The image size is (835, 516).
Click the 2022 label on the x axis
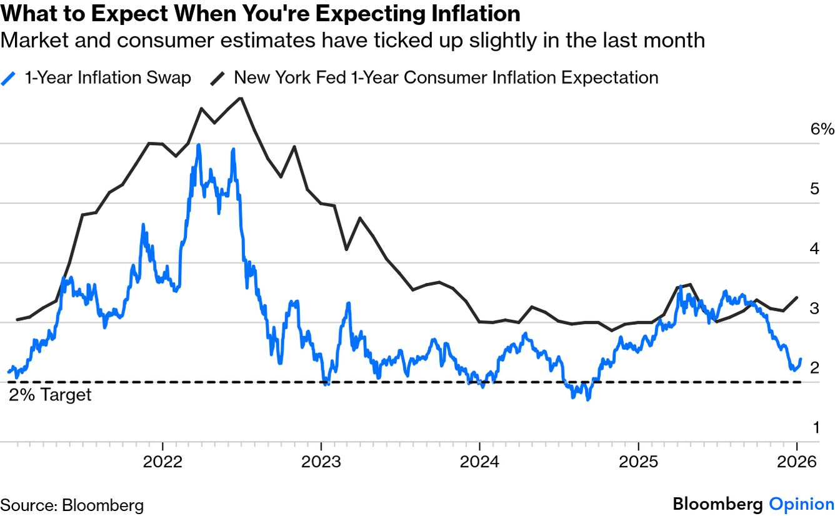(x=162, y=462)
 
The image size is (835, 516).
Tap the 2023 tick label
(x=321, y=462)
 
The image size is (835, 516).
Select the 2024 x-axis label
(x=479, y=462)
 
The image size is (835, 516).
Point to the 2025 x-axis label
(x=638, y=462)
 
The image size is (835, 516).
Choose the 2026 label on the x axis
(x=797, y=462)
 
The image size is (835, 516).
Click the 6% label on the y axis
(x=821, y=129)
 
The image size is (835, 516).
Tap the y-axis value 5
(x=814, y=189)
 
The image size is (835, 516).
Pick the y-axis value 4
(x=814, y=249)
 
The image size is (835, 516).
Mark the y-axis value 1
(x=814, y=427)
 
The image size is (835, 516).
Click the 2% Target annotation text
(x=50, y=395)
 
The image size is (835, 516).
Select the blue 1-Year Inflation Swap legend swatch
(x=9, y=78)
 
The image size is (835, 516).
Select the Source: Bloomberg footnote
(x=72, y=505)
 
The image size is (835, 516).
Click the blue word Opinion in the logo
(x=801, y=504)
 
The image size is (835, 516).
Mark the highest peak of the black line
(x=241, y=97)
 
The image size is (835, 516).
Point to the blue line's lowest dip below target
(x=587, y=399)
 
